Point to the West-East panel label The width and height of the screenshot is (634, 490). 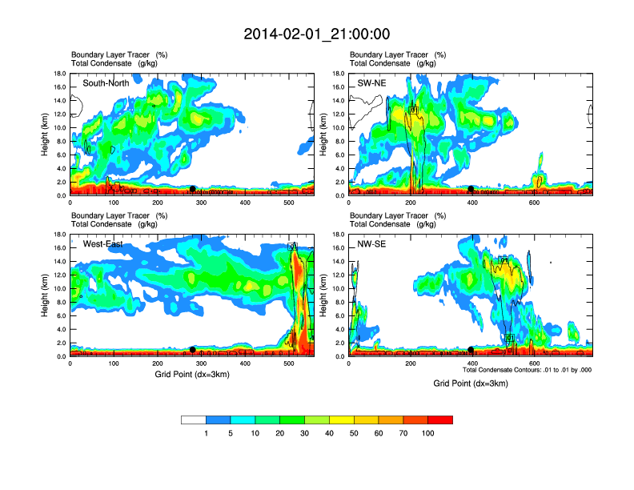[102, 244]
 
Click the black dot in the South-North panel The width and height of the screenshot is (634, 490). [192, 189]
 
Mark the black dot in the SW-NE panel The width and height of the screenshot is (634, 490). [471, 189]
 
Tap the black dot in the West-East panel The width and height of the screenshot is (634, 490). [192, 350]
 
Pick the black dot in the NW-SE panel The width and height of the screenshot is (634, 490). [471, 350]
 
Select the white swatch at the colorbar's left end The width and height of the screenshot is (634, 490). [194, 420]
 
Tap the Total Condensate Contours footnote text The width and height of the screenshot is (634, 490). [527, 370]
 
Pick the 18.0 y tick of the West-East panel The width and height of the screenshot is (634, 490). [59, 235]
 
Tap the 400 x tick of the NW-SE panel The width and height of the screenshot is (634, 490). [471, 364]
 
